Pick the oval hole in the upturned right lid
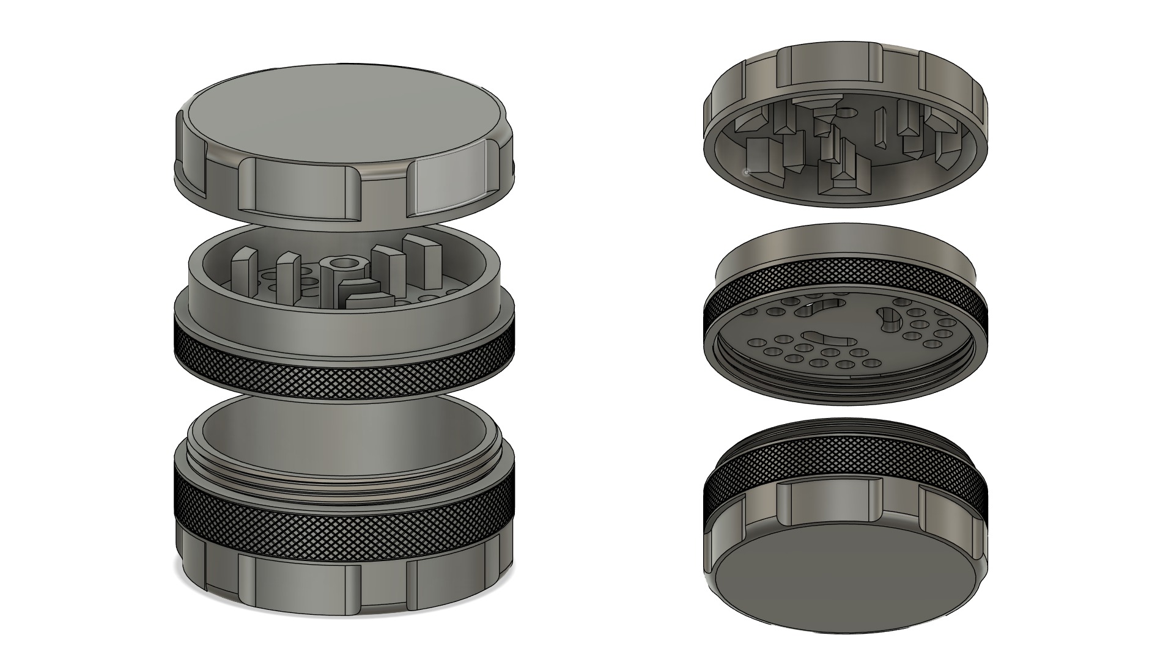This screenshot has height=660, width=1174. pos(847,112)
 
